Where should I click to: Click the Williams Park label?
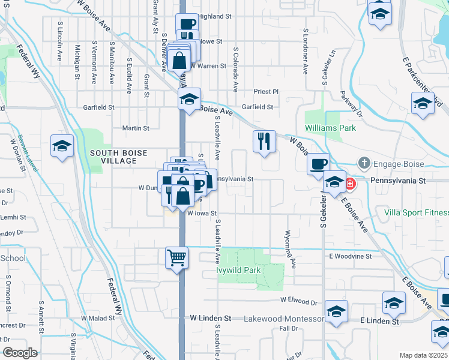click(330, 128)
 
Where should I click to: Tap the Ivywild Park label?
click(238, 271)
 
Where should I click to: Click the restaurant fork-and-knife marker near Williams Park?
click(264, 141)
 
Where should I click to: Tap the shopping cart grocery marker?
click(177, 258)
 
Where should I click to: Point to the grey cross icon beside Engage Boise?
click(364, 163)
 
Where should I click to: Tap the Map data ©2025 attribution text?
click(424, 355)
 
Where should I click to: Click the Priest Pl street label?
click(267, 92)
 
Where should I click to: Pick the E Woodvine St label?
click(350, 256)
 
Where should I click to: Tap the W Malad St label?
click(98, 318)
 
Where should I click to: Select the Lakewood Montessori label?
click(284, 319)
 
